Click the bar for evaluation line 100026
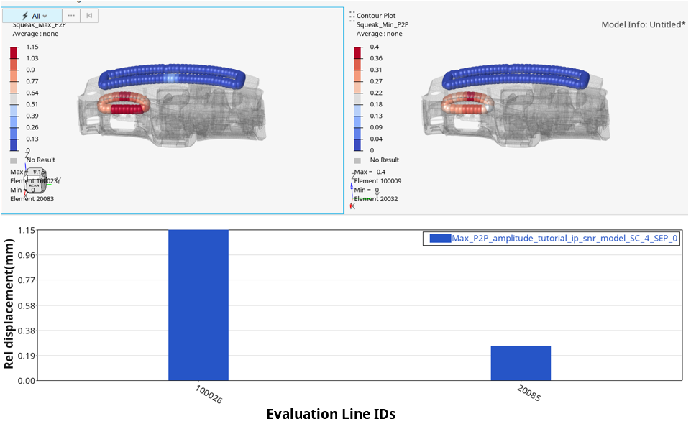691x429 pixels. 198,305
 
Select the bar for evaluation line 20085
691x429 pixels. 521,363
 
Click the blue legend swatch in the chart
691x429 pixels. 439,239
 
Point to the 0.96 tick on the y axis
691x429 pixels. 26,255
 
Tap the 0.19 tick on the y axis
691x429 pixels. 26,356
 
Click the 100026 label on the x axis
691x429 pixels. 209,394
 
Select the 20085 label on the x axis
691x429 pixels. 530,392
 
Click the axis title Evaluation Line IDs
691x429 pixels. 331,414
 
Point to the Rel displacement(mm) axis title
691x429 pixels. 9,305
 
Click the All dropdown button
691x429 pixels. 35,16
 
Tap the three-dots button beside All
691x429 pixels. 70,16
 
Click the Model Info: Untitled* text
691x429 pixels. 643,24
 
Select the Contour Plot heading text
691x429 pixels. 376,16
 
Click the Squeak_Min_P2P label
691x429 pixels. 383,24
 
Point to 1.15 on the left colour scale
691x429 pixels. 32,47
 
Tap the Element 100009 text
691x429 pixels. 377,181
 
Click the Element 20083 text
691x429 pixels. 32,198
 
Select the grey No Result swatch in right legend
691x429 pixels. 357,160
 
